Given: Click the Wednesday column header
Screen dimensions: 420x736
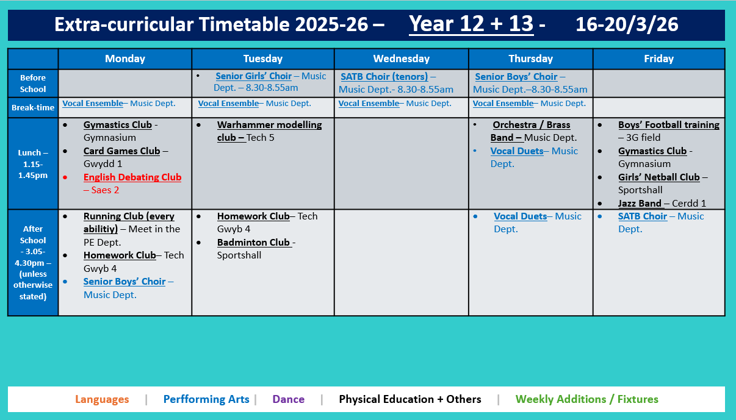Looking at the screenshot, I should (x=401, y=59).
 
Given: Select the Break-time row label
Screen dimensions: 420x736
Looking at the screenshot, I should (x=33, y=107).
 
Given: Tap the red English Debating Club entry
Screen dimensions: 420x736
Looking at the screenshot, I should (x=132, y=177).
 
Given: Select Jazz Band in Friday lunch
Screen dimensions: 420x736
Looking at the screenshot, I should (x=640, y=204).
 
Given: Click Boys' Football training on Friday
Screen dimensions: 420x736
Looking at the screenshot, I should (x=668, y=125).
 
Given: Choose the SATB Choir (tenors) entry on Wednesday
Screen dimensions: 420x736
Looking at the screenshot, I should (x=384, y=77).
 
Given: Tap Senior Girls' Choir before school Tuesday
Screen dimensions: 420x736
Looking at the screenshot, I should (x=253, y=76).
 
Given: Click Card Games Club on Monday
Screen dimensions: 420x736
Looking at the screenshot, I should (x=121, y=151).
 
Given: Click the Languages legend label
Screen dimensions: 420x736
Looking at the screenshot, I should (x=102, y=400).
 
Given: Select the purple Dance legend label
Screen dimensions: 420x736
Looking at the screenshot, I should (x=288, y=400).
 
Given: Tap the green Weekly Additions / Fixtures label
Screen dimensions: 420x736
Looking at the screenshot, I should (x=586, y=400).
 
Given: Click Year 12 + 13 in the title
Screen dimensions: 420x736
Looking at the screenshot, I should (x=471, y=24).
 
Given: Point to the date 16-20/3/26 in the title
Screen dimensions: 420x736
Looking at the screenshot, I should (x=626, y=24).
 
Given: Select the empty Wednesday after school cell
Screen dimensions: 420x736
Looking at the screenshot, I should (x=401, y=262).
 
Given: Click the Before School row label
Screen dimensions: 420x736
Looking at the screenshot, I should (x=33, y=84).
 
